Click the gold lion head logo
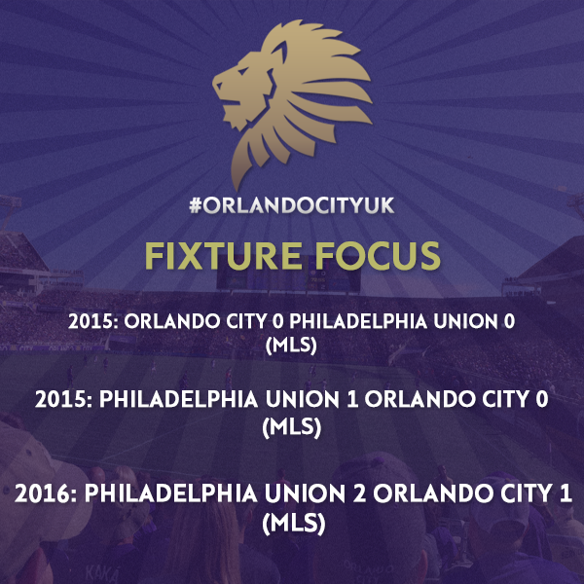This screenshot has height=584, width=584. coord(292,104)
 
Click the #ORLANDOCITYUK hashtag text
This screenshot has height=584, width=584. coord(292,205)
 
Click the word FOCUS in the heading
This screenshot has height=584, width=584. coord(378,255)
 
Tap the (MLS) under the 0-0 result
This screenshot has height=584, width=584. coord(291,346)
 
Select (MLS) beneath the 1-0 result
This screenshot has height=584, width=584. coord(292,427)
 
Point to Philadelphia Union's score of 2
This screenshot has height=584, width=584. coord(359,493)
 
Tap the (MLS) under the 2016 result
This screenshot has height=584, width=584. coord(294,524)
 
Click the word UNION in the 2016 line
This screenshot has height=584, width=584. coord(305,493)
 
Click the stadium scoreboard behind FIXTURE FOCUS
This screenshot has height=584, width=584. coord(289,276)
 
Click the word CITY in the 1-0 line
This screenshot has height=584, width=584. coord(504,400)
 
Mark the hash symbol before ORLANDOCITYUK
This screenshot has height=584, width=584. coord(196,205)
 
